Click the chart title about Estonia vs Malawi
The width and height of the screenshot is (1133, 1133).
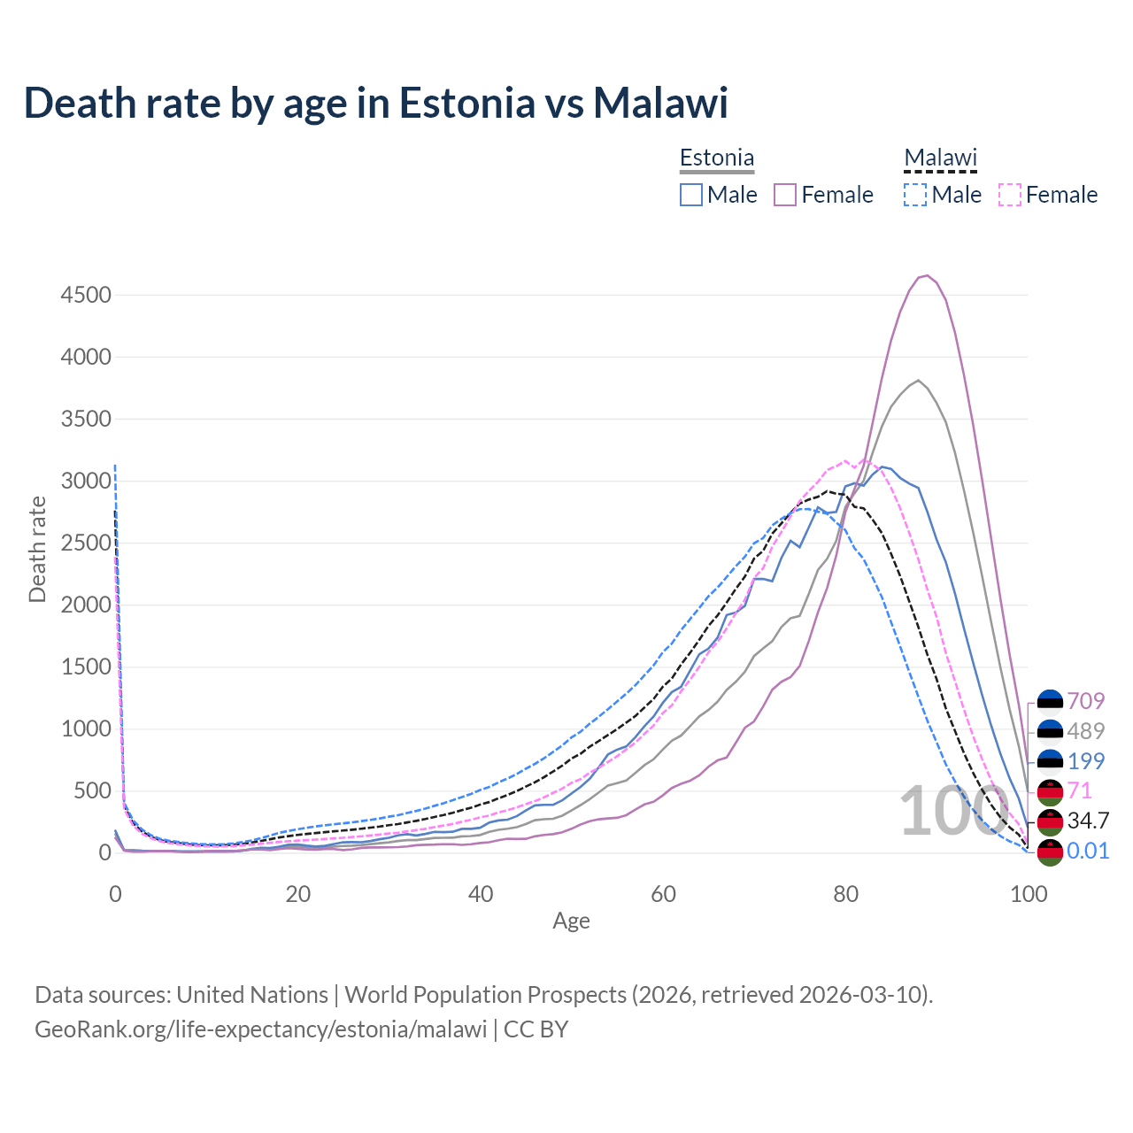click(375, 103)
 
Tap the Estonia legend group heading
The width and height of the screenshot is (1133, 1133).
click(717, 158)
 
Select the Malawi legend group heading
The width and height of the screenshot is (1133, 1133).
click(940, 158)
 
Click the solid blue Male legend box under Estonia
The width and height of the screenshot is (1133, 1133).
click(691, 195)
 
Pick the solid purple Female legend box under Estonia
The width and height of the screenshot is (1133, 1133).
click(786, 195)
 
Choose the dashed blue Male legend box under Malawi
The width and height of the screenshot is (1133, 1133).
click(915, 195)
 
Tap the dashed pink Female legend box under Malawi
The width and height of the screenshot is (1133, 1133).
click(1010, 195)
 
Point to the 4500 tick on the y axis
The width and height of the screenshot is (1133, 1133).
click(86, 295)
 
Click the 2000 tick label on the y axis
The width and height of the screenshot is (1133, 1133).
click(86, 605)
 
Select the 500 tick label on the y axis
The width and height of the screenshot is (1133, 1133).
click(92, 790)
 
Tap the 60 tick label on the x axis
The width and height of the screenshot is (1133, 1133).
click(663, 894)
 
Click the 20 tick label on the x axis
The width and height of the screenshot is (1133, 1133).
click(298, 894)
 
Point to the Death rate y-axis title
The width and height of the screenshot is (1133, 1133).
click(37, 549)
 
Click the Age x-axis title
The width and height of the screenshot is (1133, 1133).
click(571, 921)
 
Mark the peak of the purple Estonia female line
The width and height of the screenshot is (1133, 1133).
click(926, 275)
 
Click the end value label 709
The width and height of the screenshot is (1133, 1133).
click(1085, 701)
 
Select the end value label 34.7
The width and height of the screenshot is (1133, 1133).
click(1087, 821)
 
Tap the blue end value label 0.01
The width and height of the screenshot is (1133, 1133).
click(1088, 851)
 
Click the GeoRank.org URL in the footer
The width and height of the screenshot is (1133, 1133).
click(261, 1029)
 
